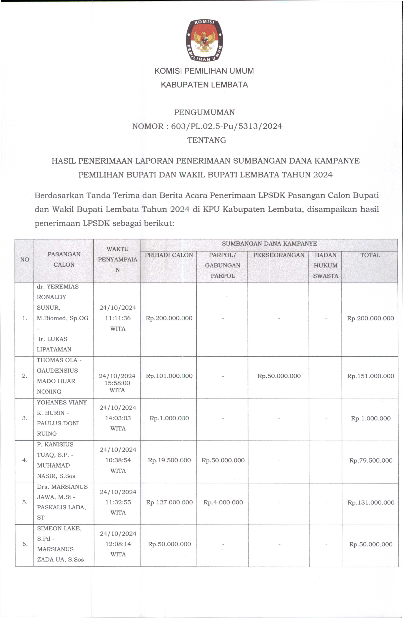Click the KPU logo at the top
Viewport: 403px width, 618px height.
point(204,41)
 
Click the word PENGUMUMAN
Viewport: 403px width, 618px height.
point(204,112)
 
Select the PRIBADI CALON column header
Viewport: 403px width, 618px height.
point(169,255)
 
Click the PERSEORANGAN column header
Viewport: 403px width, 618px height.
point(278,255)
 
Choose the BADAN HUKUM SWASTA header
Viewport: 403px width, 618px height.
point(325,265)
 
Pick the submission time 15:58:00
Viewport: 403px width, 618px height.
point(117,383)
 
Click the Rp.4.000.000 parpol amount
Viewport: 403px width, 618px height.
point(223,502)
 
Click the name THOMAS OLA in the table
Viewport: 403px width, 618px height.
point(57,360)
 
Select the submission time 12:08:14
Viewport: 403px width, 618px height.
point(118,544)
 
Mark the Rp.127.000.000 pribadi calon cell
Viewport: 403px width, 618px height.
point(169,502)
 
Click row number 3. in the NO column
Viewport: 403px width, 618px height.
point(25,418)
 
